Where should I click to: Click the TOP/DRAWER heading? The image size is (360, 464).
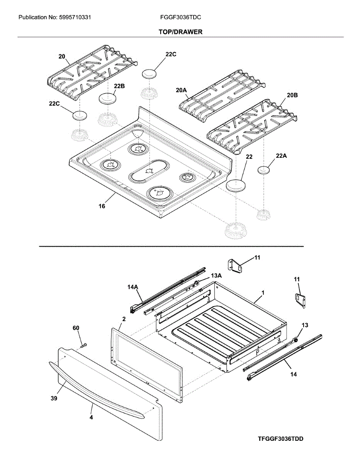pos(180,32)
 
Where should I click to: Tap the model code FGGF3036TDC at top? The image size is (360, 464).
pos(180,17)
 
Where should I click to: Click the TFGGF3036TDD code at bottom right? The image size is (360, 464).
pos(281,439)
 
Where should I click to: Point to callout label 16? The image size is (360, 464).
pos(102,206)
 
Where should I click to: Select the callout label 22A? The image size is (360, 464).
pos(282,156)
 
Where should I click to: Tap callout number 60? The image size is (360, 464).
pos(76,328)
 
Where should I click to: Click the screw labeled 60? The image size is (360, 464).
pos(84,344)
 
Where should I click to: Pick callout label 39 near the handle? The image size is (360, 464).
pos(54,399)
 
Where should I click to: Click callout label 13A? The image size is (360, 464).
pos(216,276)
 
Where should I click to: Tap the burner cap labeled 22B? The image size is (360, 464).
pos(108,98)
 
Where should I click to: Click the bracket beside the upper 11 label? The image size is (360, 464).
pos(235,266)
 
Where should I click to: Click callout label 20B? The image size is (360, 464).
pos(292,95)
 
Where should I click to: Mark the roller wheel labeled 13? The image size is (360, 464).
pos(296,339)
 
